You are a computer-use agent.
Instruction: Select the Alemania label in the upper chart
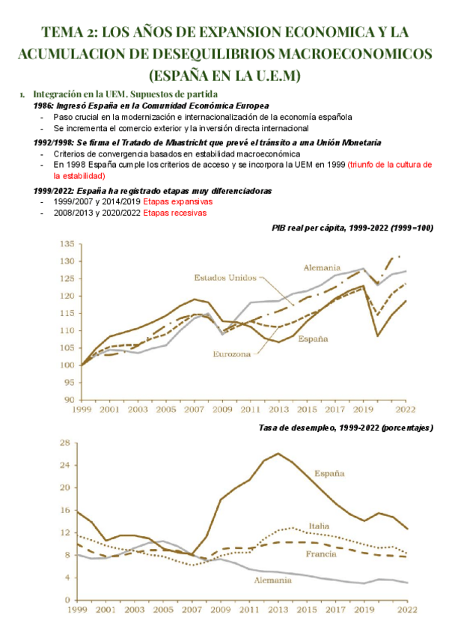click(x=322, y=267)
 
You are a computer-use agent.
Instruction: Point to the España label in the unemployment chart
click(x=329, y=473)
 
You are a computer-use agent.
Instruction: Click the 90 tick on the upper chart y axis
click(x=68, y=400)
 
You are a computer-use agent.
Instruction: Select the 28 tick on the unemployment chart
click(x=68, y=443)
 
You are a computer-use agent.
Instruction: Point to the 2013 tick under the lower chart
click(x=279, y=611)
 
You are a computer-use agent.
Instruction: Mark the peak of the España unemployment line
click(x=278, y=454)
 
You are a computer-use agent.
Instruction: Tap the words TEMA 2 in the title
click(x=67, y=32)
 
